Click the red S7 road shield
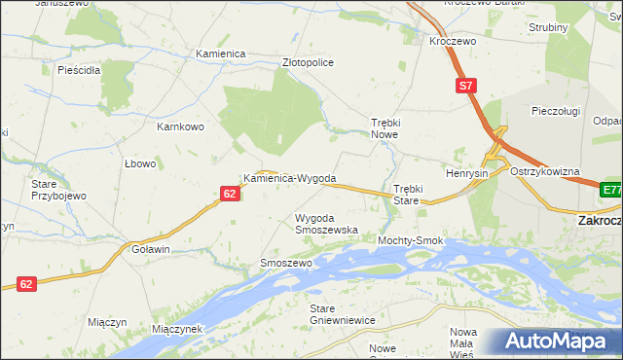click(467, 87)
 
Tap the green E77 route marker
click(611, 191)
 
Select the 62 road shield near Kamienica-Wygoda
click(229, 195)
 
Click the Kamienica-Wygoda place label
click(290, 179)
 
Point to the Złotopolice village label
click(308, 62)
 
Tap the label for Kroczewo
click(453, 43)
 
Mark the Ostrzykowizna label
click(545, 171)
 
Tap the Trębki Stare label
click(406, 194)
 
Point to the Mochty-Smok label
click(411, 240)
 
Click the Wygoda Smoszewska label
click(326, 224)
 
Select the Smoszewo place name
click(285, 264)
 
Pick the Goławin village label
click(151, 250)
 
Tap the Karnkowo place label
click(180, 126)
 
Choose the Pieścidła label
click(80, 71)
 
